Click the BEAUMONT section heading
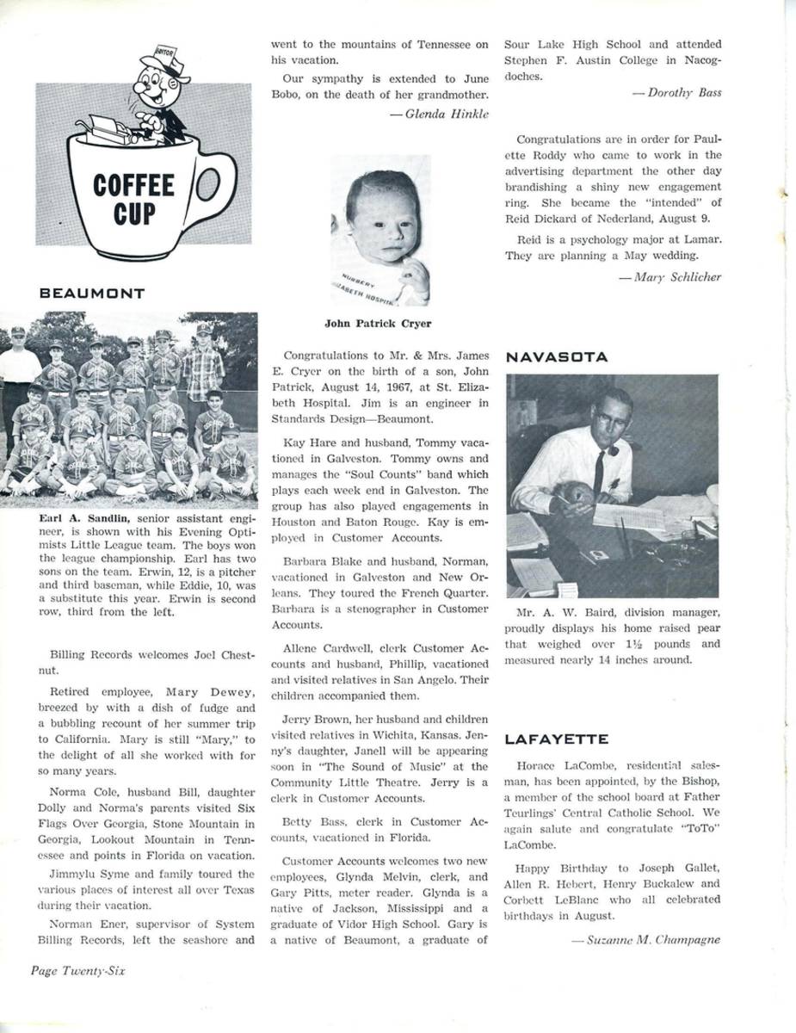coord(92,294)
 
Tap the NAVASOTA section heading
coord(557,356)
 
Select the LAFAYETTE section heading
coord(557,739)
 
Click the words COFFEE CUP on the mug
coord(133,198)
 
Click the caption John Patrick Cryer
coord(379,325)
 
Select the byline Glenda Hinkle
coord(446,113)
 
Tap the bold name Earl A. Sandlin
coord(83,518)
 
